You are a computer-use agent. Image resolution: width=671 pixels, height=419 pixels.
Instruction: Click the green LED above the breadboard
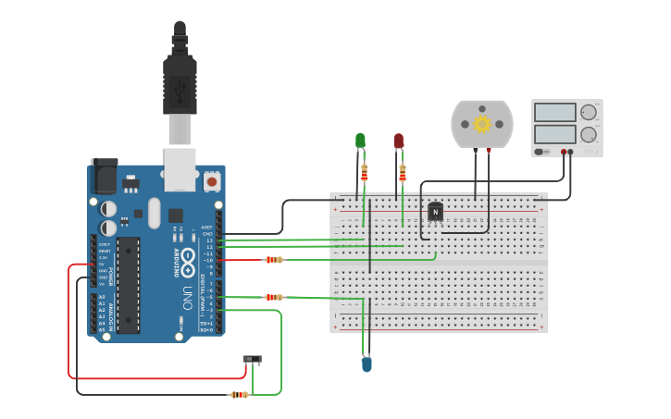[x=360, y=141]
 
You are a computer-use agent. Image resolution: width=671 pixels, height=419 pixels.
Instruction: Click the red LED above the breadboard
[x=399, y=141]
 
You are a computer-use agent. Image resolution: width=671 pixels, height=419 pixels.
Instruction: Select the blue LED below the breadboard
[x=367, y=364]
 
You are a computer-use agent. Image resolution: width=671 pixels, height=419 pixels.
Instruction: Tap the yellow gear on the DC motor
[x=481, y=124]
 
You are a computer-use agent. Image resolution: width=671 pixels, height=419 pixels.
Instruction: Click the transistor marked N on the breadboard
[x=435, y=212]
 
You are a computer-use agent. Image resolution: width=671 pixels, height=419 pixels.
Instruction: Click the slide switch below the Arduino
[x=252, y=359]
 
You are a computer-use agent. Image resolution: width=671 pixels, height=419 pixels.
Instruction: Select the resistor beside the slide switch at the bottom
[x=240, y=395]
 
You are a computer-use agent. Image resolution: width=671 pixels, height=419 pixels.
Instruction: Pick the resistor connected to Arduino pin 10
[x=273, y=260]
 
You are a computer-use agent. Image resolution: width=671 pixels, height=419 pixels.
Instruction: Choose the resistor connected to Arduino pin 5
[x=273, y=297]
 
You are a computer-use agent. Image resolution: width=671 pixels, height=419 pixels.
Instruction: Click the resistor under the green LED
[x=364, y=173]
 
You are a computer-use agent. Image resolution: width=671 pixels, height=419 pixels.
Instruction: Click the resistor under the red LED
[x=403, y=173]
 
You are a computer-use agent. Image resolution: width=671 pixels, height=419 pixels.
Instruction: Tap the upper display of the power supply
[x=555, y=113]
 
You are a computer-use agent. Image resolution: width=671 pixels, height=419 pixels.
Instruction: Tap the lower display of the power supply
[x=555, y=134]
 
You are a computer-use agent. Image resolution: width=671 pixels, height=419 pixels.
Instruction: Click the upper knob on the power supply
[x=589, y=113]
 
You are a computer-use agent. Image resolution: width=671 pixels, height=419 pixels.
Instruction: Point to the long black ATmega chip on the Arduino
[x=128, y=284]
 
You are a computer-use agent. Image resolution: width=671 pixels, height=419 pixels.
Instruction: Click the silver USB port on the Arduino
[x=180, y=168]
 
